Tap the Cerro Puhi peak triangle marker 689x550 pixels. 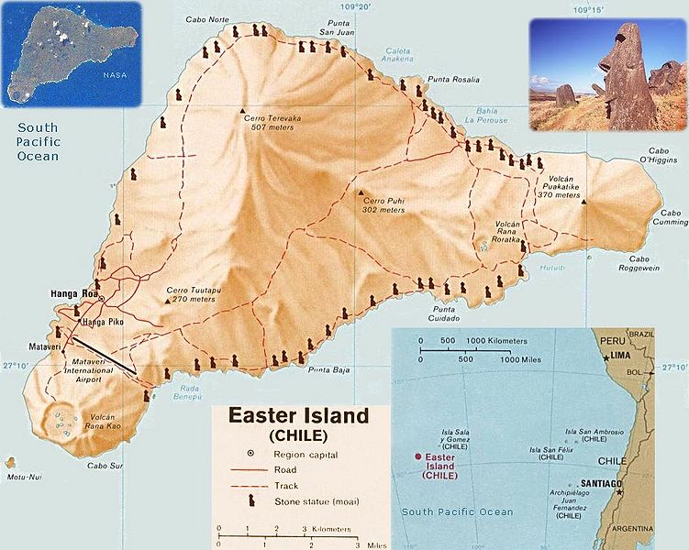click(359, 193)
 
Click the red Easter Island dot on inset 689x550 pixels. click(419, 456)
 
